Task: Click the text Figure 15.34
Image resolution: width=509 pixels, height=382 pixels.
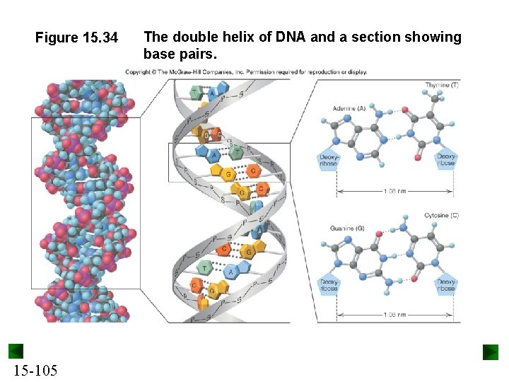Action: coord(76,37)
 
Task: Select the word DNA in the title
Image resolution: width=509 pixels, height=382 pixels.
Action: coord(287,37)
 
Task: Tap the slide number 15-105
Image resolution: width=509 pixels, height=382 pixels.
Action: coord(35,371)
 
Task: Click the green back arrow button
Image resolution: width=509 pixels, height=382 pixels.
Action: coord(16,352)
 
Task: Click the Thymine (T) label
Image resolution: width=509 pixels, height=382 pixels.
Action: coord(442,86)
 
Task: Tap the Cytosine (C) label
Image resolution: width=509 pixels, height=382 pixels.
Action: coord(441,215)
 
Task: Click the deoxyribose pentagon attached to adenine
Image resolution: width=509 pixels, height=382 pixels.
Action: coord(328,160)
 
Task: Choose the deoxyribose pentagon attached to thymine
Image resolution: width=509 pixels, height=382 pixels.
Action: coord(446,160)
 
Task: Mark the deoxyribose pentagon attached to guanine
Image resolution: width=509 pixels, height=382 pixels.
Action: coord(328,285)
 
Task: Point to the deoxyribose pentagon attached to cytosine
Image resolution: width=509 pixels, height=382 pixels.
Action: coord(446,285)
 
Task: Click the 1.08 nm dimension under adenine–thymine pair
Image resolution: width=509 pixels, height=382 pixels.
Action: coord(394,191)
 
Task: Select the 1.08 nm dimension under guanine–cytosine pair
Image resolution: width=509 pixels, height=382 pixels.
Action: coord(394,314)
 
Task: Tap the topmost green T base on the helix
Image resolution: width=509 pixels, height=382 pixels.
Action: coord(196,92)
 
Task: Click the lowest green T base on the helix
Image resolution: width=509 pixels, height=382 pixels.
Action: coord(205,267)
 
